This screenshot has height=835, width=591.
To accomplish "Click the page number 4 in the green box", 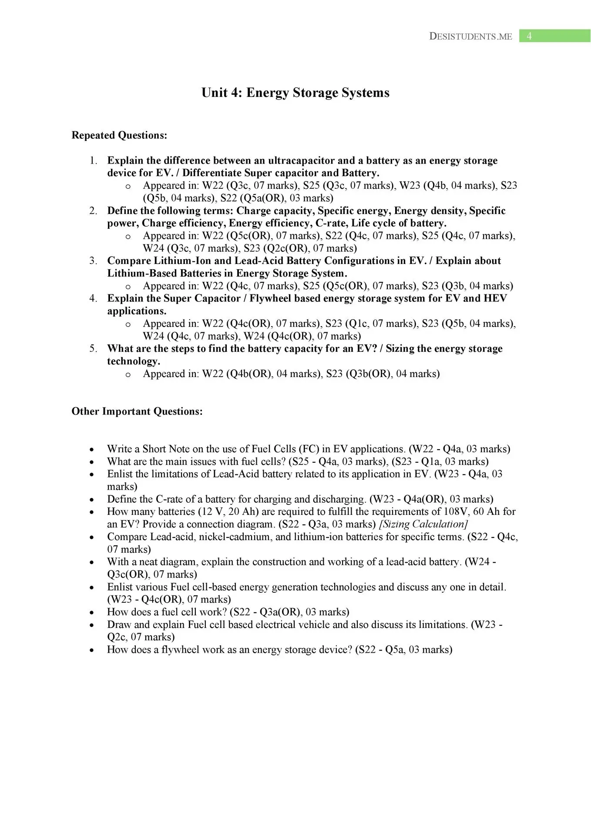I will [529, 36].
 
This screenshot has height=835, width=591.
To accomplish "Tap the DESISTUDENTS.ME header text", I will [470, 37].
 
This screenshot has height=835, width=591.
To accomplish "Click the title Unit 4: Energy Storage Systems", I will [295, 93].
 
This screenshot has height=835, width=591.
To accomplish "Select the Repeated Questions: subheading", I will [119, 135].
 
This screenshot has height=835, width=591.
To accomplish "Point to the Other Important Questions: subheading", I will [137, 411].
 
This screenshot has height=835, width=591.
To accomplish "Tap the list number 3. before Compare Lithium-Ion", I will [93, 261].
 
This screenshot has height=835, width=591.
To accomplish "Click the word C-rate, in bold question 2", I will [331, 223].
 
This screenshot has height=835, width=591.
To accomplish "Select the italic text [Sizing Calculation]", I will [423, 524].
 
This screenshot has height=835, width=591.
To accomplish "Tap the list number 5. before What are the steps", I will [93, 348].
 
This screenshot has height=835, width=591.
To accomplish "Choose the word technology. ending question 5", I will [134, 361].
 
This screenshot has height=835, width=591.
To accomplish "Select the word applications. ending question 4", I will [137, 311].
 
